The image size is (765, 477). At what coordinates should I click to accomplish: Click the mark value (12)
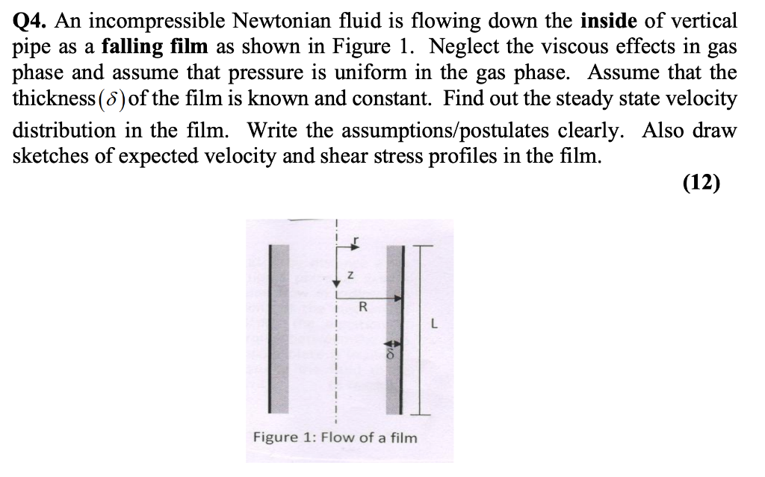[x=701, y=183]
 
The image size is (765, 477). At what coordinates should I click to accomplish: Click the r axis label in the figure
[x=357, y=240]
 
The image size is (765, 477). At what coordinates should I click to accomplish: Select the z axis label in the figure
[x=348, y=276]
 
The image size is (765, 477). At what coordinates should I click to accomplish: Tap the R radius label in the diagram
[x=363, y=306]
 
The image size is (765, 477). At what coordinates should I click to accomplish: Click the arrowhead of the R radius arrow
[x=399, y=297]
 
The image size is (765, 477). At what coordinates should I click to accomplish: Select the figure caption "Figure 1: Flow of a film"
[x=335, y=437]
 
